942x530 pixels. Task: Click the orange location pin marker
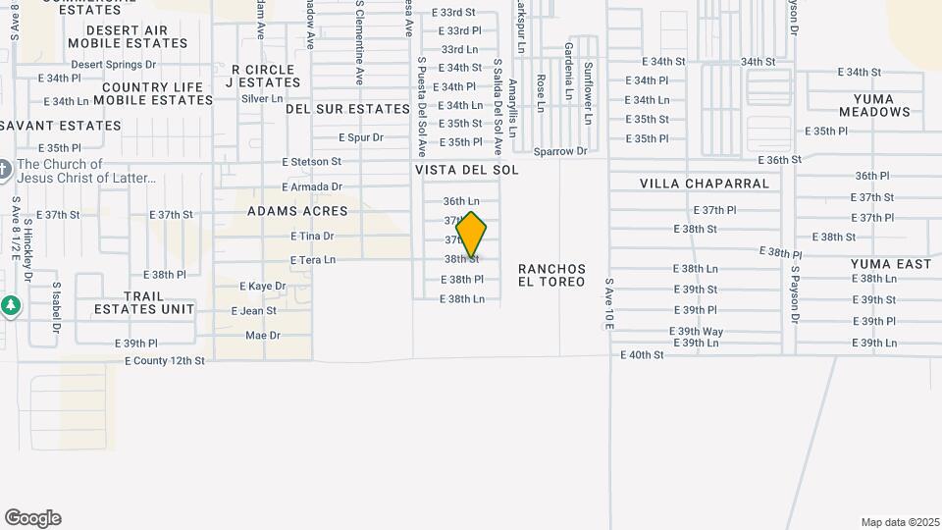[471, 235]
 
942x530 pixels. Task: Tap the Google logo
[32, 518]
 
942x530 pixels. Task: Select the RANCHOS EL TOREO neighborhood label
[552, 275]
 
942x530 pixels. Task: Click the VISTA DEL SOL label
[466, 170]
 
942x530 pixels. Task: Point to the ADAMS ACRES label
[297, 211]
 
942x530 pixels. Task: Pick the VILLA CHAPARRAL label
[705, 184]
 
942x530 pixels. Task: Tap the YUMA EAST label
[891, 264]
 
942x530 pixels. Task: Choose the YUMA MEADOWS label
[881, 106]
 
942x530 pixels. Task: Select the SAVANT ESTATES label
[61, 126]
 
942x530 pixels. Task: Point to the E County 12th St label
[165, 361]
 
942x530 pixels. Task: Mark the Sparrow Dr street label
[559, 151]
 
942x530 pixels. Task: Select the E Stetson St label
[311, 161]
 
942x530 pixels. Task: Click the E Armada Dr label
[311, 186]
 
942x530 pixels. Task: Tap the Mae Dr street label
[262, 336]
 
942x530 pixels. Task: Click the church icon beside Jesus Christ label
[5, 171]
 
